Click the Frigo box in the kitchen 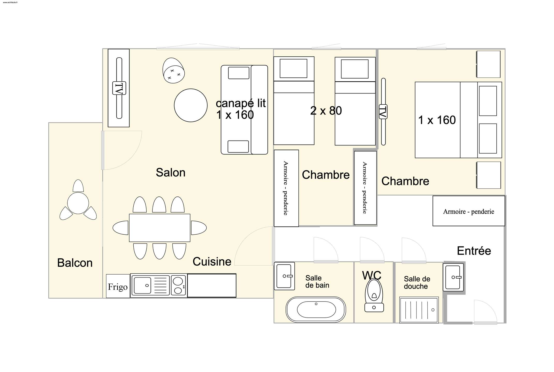coord(118,286)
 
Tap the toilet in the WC coord(374,296)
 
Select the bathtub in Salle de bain coord(316,309)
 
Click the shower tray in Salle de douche coord(419,310)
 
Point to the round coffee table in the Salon coord(191,105)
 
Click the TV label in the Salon coord(119,88)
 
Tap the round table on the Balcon coord(78,203)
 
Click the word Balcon coord(75,263)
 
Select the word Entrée coord(474,251)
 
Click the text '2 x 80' coord(326,111)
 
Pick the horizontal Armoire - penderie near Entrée coord(469,211)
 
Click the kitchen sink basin coord(142,285)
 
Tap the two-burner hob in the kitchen coord(178,285)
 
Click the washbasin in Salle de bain coord(284,276)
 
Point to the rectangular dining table coord(160,228)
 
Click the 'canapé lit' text coord(241,103)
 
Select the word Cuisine coord(212,261)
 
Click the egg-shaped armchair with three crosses coord(173,70)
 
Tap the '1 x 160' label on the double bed coord(437,120)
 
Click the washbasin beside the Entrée coord(453,277)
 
